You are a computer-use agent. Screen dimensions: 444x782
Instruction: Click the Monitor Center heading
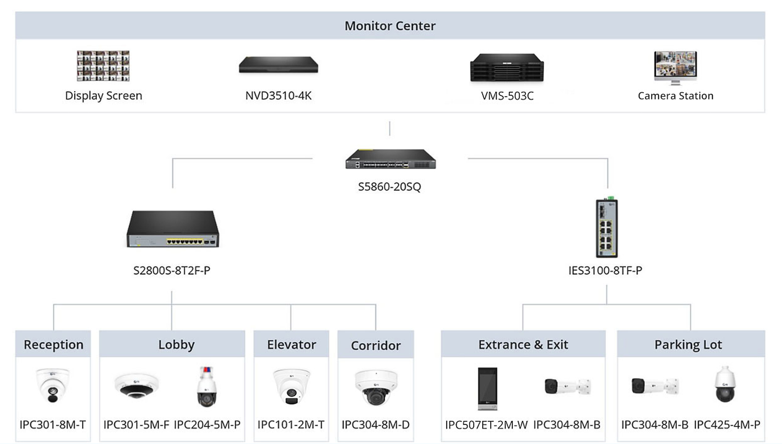pos(390,26)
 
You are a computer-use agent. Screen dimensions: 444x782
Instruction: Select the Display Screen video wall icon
pos(103,66)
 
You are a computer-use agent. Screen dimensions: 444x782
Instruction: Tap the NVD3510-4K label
pos(278,96)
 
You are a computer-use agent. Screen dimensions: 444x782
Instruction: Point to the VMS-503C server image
pos(507,68)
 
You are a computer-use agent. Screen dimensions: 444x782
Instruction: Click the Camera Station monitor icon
pos(675,67)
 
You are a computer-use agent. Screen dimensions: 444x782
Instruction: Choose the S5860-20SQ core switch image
pos(390,159)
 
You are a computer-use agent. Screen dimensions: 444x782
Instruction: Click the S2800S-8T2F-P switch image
pos(172,229)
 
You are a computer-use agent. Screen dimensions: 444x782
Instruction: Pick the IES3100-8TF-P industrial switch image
pos(607,228)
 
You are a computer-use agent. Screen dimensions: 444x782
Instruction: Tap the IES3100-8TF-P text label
pos(605,271)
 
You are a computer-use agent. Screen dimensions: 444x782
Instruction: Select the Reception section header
pos(53,344)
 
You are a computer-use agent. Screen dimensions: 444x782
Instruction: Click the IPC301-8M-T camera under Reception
pos(53,385)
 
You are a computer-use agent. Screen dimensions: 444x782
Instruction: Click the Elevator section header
pos(291,344)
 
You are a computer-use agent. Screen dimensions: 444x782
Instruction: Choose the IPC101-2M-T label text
pos(291,424)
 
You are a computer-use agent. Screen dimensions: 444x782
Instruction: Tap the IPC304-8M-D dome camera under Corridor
pos(375,387)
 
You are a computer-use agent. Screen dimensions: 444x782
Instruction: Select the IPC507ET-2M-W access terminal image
pos(487,388)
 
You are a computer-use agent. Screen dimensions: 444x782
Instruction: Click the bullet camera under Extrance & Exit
pos(567,386)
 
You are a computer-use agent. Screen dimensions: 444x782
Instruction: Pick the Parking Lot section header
pos(688,344)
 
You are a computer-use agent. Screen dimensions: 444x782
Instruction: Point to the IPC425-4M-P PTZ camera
pos(725,384)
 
